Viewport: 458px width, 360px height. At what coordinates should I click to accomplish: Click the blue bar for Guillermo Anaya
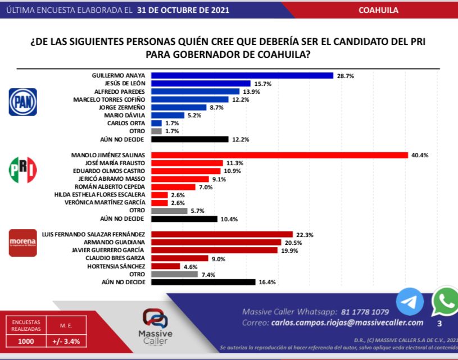pyautogui.click(x=243, y=75)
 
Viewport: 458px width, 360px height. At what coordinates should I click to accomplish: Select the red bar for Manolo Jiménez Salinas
pyautogui.click(x=279, y=155)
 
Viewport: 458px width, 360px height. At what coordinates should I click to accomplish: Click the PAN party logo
pyautogui.click(x=22, y=102)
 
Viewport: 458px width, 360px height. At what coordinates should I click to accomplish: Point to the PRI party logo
pyautogui.click(x=22, y=170)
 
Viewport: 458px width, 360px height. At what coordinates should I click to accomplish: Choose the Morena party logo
pyautogui.click(x=22, y=243)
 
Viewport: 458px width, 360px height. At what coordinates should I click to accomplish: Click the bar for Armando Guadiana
pyautogui.click(x=216, y=242)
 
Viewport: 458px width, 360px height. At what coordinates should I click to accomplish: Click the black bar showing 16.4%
pyautogui.click(x=203, y=282)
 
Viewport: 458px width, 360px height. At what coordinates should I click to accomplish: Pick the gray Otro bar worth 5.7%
pyautogui.click(x=169, y=211)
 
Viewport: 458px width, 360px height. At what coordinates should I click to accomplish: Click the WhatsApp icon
pyautogui.click(x=446, y=302)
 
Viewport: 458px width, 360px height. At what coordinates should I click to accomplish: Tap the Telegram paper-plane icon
pyautogui.click(x=410, y=302)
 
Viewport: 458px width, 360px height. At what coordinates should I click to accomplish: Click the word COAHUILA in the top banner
pyautogui.click(x=378, y=10)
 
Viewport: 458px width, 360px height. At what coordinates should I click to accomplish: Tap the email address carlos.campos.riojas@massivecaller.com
pyautogui.click(x=347, y=322)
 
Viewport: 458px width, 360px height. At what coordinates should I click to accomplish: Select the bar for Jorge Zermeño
pyautogui.click(x=179, y=107)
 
